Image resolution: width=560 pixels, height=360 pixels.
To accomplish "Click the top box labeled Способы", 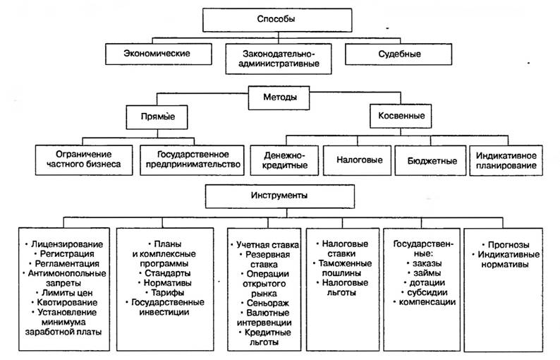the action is (277, 20).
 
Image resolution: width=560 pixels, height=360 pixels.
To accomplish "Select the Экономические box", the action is (159, 54).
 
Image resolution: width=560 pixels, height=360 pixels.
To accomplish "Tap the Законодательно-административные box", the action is (279, 59).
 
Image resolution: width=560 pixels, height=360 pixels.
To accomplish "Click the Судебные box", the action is (398, 54).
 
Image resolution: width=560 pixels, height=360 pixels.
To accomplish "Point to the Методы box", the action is (279, 97).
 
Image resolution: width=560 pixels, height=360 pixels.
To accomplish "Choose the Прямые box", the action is (157, 117).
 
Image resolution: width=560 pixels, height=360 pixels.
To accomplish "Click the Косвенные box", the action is (401, 116).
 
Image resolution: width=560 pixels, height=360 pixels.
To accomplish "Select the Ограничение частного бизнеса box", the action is (84, 160).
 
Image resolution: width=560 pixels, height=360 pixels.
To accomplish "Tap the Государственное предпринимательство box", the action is (192, 160).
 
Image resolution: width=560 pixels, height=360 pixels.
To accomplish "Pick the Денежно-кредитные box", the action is (284, 160).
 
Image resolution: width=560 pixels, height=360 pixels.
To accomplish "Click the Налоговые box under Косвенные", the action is (358, 160).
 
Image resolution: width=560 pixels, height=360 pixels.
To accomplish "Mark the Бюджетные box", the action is (431, 160).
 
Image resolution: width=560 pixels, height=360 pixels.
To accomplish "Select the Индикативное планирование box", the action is (506, 160).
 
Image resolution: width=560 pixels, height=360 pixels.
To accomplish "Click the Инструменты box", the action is (280, 196).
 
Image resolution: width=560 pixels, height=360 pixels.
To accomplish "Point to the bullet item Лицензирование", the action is (64, 244).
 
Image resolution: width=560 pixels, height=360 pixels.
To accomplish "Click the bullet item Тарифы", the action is (165, 293).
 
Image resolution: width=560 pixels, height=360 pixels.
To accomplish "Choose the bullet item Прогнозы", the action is (506, 245).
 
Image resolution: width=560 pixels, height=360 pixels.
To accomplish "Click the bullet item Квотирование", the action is (64, 303).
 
